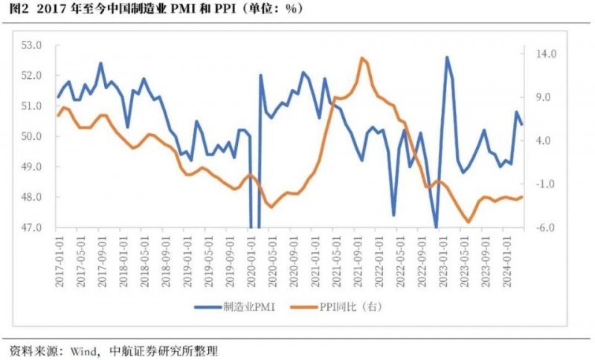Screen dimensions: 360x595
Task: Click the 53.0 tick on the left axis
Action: pos(31,45)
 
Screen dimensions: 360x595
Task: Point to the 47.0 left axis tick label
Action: pos(31,228)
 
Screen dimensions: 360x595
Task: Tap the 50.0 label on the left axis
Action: pos(31,137)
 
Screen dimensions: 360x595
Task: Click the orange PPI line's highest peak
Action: pos(361,58)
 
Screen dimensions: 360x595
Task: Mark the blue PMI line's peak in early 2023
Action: pos(447,57)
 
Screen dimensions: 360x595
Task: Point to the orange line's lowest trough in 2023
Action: pos(468,222)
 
